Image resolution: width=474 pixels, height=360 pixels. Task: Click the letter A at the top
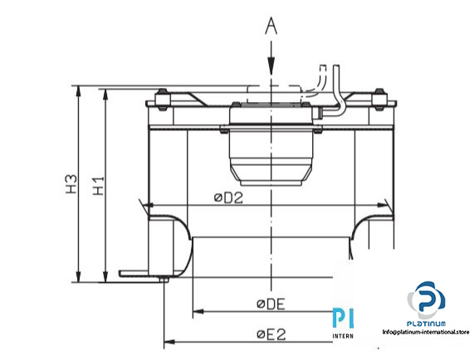click(x=271, y=27)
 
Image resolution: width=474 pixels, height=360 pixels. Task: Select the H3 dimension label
click(x=71, y=184)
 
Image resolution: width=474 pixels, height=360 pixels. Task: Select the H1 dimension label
click(x=98, y=185)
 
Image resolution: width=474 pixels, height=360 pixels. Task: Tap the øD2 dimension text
click(x=227, y=197)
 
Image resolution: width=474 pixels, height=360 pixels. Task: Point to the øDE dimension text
click(x=271, y=304)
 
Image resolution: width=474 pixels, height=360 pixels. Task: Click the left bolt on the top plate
click(x=161, y=104)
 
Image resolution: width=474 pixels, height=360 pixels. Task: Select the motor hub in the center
click(x=271, y=149)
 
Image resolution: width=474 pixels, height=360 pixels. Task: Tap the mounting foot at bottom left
click(x=141, y=273)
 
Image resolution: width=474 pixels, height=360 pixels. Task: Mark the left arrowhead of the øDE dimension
click(x=198, y=313)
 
